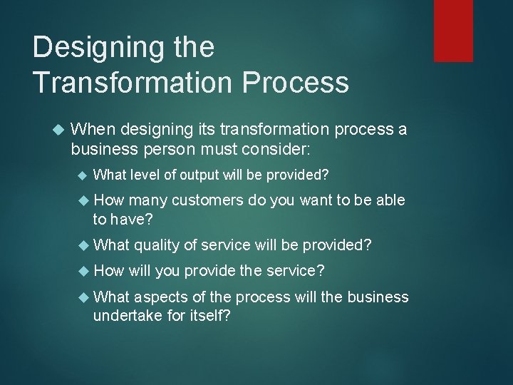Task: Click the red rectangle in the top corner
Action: [454, 30]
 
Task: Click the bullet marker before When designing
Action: [59, 130]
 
